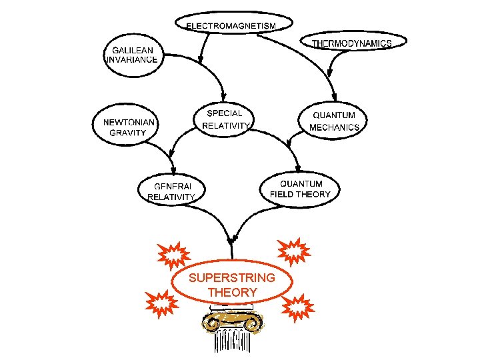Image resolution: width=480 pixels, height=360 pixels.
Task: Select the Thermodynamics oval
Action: point(351,43)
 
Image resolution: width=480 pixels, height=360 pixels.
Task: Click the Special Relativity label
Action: point(225,119)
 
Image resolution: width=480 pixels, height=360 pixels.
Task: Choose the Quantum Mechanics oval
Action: point(335,121)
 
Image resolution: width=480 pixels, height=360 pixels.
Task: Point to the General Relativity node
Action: point(171,191)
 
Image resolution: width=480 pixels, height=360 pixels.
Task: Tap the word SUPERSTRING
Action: point(231,277)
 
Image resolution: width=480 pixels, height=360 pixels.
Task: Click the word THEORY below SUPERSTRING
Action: point(232,292)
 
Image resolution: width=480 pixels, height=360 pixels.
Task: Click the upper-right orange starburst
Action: point(294,251)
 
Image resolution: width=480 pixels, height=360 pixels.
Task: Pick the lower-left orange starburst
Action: point(162,301)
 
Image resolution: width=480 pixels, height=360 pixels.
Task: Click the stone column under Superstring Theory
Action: point(232,340)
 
